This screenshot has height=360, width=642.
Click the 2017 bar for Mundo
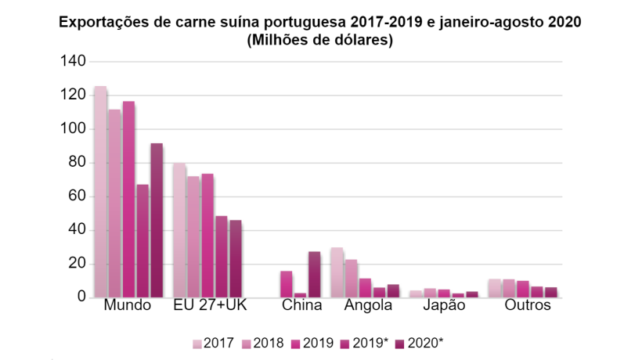(x=100, y=192)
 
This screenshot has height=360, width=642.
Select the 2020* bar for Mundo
(x=157, y=220)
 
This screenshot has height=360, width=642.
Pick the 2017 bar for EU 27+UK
(x=179, y=230)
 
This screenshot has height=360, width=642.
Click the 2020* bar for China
(x=314, y=275)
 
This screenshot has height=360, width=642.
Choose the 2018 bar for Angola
(x=351, y=279)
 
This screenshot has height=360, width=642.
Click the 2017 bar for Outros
(x=494, y=288)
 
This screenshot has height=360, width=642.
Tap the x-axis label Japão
(x=444, y=306)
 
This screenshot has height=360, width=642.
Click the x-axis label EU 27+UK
(x=209, y=306)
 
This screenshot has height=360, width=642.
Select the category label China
(x=301, y=306)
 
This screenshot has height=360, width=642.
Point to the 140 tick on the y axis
(x=75, y=61)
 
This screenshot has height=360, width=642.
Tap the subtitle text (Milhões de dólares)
(x=319, y=41)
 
